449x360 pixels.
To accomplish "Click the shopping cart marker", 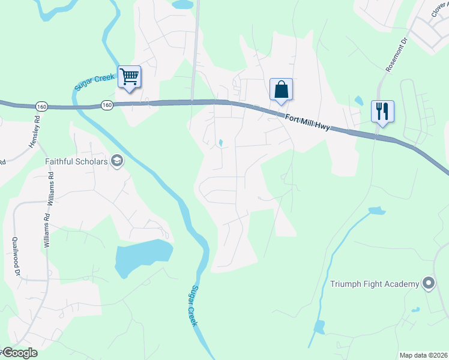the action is [x=129, y=77].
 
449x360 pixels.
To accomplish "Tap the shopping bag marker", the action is [x=281, y=90].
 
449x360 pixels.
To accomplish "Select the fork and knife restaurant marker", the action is [x=382, y=112].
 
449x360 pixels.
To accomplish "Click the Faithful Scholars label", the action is [x=76, y=161].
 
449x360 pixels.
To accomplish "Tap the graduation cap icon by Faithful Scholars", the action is [x=116, y=161].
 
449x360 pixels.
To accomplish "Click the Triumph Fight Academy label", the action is [x=375, y=284].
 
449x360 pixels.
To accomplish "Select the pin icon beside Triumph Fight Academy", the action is [x=428, y=283].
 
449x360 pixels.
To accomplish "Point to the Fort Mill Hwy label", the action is [x=307, y=121].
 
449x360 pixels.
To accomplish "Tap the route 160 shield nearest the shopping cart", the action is [x=107, y=104].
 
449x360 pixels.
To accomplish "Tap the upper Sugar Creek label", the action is [x=86, y=79].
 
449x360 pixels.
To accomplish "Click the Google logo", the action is [x=19, y=353].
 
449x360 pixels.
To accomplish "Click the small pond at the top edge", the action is [x=182, y=4].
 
